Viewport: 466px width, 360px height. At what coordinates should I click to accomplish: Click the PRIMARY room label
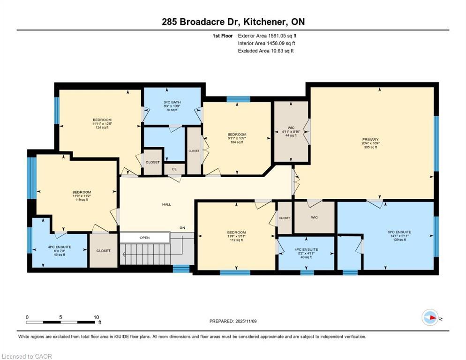370,139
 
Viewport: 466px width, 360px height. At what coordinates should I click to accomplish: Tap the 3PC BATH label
172,102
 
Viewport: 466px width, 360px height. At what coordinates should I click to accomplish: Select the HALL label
166,204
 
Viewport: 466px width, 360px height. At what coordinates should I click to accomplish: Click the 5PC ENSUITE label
399,232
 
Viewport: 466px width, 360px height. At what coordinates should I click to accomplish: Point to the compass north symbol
430,317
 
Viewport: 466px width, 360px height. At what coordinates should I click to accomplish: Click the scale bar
60,322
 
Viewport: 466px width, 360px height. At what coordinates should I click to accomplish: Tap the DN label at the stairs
182,228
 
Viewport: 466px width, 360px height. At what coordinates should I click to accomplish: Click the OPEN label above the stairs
144,238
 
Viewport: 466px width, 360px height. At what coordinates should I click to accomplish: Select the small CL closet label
174,169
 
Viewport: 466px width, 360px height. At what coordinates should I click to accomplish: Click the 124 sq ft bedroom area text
102,127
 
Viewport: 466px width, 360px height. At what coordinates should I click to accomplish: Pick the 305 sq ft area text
370,147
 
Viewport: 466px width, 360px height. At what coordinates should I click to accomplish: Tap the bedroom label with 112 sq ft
236,232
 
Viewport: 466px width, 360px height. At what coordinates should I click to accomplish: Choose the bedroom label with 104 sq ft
237,135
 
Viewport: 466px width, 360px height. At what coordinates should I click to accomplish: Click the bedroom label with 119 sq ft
81,192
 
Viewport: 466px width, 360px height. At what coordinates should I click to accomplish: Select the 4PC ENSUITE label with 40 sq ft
306,249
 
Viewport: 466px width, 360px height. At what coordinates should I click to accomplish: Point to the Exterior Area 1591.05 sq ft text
267,36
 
